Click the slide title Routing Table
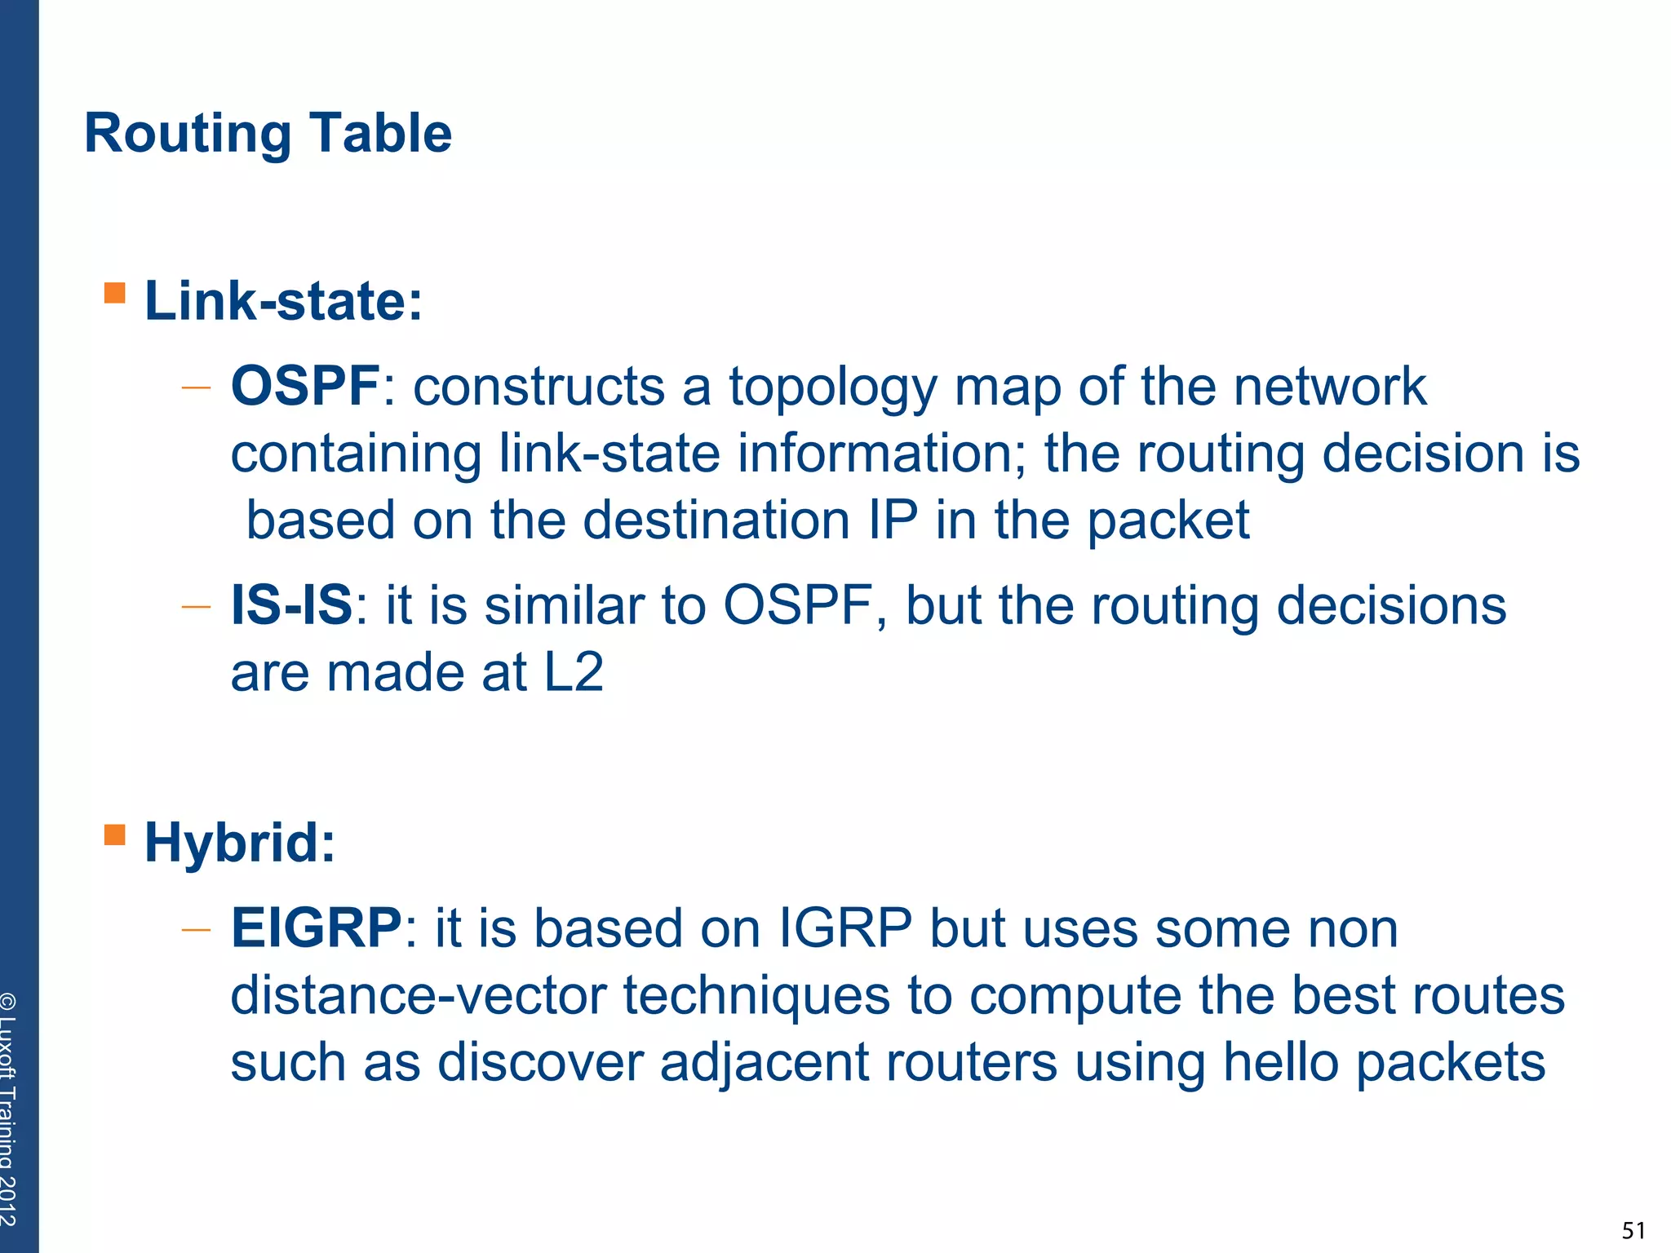tap(268, 133)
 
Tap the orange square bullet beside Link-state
tap(115, 293)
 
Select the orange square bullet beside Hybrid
tap(115, 835)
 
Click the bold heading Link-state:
tap(283, 301)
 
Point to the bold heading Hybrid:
tap(240, 843)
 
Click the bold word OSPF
tap(305, 386)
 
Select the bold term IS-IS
tap(291, 605)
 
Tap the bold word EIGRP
tap(317, 928)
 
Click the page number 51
tap(1633, 1230)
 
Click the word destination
tap(716, 520)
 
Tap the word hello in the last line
tap(1281, 1062)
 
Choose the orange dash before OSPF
tap(196, 387)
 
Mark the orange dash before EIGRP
tap(196, 930)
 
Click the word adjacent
tap(764, 1064)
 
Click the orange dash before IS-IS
tap(196, 607)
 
